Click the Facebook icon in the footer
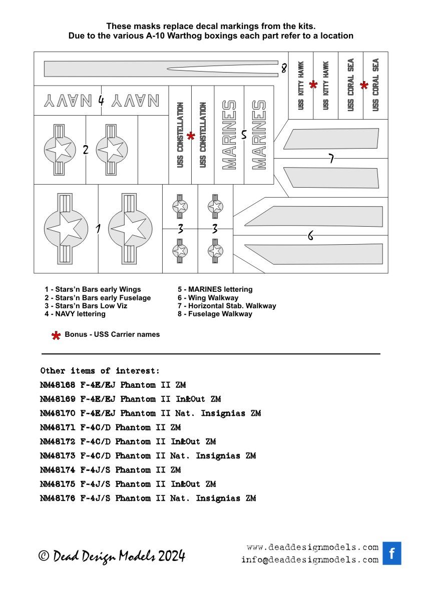(x=392, y=553)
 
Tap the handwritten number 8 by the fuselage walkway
(x=284, y=69)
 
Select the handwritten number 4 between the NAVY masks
(x=101, y=100)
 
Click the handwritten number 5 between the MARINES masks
(x=244, y=135)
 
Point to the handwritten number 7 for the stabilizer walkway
(x=331, y=159)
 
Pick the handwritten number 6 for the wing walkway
(x=310, y=236)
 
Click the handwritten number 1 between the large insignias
(x=98, y=229)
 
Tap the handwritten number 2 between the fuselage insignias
(x=86, y=149)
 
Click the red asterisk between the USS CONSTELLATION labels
(x=191, y=136)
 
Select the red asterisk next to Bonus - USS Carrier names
(x=56, y=335)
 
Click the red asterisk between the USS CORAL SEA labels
(x=364, y=86)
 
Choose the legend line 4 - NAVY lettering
(x=75, y=314)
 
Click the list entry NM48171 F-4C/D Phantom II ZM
(x=110, y=427)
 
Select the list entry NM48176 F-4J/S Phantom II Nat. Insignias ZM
(x=148, y=498)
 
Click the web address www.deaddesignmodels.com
(x=312, y=547)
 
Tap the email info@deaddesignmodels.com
(x=309, y=560)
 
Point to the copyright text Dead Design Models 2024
(x=112, y=556)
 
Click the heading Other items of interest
(x=100, y=371)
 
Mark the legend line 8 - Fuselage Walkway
(x=215, y=314)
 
